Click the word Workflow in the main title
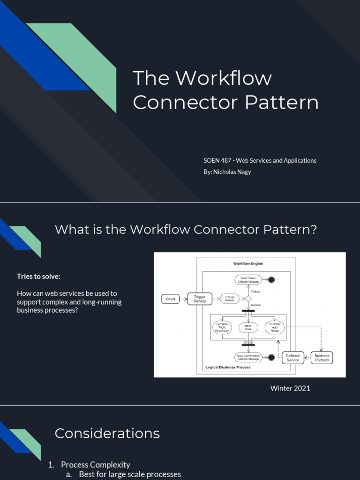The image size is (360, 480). pyautogui.click(x=223, y=78)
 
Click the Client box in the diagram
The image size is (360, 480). pyautogui.click(x=171, y=299)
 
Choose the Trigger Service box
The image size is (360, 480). pyautogui.click(x=200, y=299)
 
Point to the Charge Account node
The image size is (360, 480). pyautogui.click(x=230, y=299)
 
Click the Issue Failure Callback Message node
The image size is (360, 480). pyautogui.click(x=248, y=280)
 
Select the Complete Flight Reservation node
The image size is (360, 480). pyautogui.click(x=222, y=327)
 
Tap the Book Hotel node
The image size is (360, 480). pyautogui.click(x=248, y=327)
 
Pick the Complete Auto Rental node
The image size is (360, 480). pyautogui.click(x=275, y=327)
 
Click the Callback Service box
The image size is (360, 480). pyautogui.click(x=293, y=358)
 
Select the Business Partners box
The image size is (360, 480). pyautogui.click(x=322, y=358)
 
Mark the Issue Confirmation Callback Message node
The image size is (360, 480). pyautogui.click(x=248, y=358)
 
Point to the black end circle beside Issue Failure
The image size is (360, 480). pyautogui.click(x=271, y=280)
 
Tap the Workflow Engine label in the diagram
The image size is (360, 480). pyautogui.click(x=248, y=263)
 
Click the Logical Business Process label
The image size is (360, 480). pyautogui.click(x=228, y=367)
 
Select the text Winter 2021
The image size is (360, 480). pyautogui.click(x=290, y=388)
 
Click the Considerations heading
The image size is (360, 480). pyautogui.click(x=107, y=433)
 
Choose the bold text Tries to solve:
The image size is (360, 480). pyautogui.click(x=39, y=276)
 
